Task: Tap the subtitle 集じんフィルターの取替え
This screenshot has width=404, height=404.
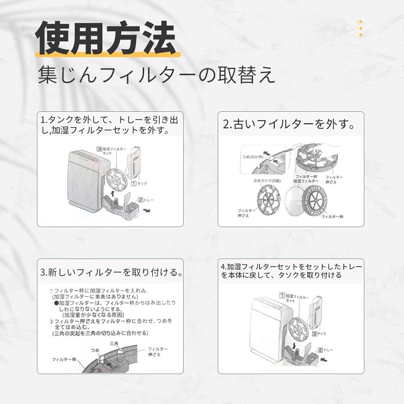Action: click(156, 75)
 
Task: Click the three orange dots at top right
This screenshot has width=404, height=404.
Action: click(360, 28)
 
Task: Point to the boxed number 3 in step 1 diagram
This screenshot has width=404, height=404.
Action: click(99, 148)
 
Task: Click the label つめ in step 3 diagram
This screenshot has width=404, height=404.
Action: click(95, 350)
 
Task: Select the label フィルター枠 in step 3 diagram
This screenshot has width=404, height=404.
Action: click(64, 360)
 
